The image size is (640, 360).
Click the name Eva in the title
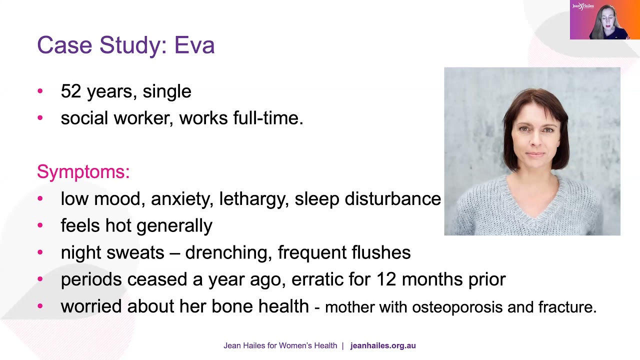(x=194, y=45)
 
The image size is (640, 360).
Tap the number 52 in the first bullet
(x=70, y=91)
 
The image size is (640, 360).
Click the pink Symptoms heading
(x=83, y=171)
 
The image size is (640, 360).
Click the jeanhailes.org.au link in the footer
(x=383, y=345)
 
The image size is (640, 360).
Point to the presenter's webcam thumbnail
(x=605, y=20)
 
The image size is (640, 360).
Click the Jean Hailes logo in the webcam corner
(x=583, y=6)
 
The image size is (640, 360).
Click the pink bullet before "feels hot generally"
(x=40, y=225)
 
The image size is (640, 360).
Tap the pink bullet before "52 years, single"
(x=40, y=91)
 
